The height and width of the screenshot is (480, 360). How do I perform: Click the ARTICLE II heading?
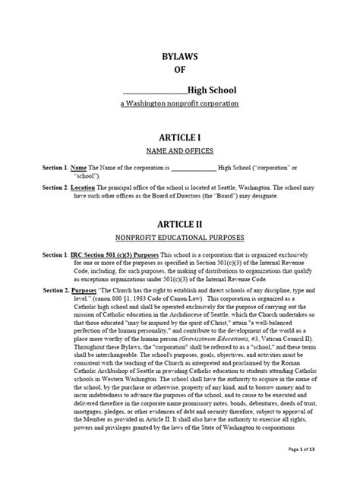tap(180, 226)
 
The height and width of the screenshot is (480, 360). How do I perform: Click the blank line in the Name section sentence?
tap(194, 166)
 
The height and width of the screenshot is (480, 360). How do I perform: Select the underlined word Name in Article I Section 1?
tap(79, 166)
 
